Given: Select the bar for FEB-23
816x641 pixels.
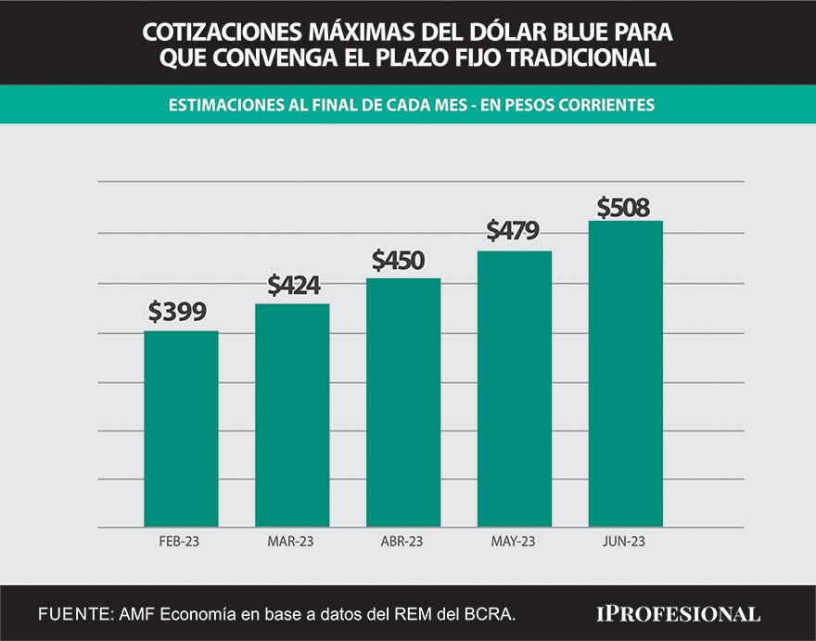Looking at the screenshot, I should pos(181,429).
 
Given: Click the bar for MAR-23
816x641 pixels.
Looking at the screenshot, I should pos(292,415).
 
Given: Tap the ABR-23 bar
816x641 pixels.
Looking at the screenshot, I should pos(403,403).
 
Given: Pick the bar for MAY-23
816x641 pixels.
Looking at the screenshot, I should pos(515,389).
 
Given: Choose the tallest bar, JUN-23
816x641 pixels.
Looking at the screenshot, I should pos(626,374).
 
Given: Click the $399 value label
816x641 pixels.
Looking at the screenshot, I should pos(177,312).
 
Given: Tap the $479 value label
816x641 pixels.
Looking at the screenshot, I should pos(514,230).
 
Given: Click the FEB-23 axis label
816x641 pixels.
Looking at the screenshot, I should pos(180,541).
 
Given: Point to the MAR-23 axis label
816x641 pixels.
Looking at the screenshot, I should pos(291,541).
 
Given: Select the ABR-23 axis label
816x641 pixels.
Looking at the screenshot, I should pos(402,541).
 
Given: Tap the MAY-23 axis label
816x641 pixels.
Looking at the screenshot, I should pos(515,541).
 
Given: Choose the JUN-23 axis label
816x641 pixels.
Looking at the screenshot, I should pos(625,541).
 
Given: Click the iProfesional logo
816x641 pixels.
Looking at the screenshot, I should pos(678,613).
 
